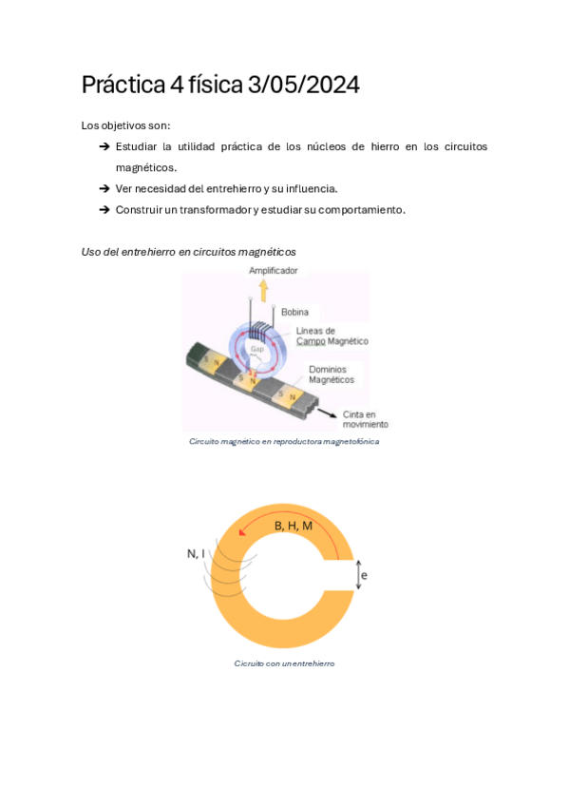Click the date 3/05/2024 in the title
click(303, 86)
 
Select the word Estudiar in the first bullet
click(139, 146)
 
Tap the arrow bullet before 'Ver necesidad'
click(104, 188)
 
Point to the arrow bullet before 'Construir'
click(104, 209)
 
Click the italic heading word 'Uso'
click(92, 252)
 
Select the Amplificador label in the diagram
click(273, 271)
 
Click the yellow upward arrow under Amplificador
click(264, 289)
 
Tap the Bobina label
click(294, 312)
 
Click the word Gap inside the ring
click(256, 350)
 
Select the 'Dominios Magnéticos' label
click(331, 374)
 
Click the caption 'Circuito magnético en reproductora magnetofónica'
click(283, 441)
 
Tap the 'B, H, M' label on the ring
click(294, 526)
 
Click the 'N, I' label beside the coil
click(196, 553)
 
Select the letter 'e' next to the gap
click(364, 575)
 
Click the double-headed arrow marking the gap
click(357, 575)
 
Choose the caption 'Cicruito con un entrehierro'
click(284, 663)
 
